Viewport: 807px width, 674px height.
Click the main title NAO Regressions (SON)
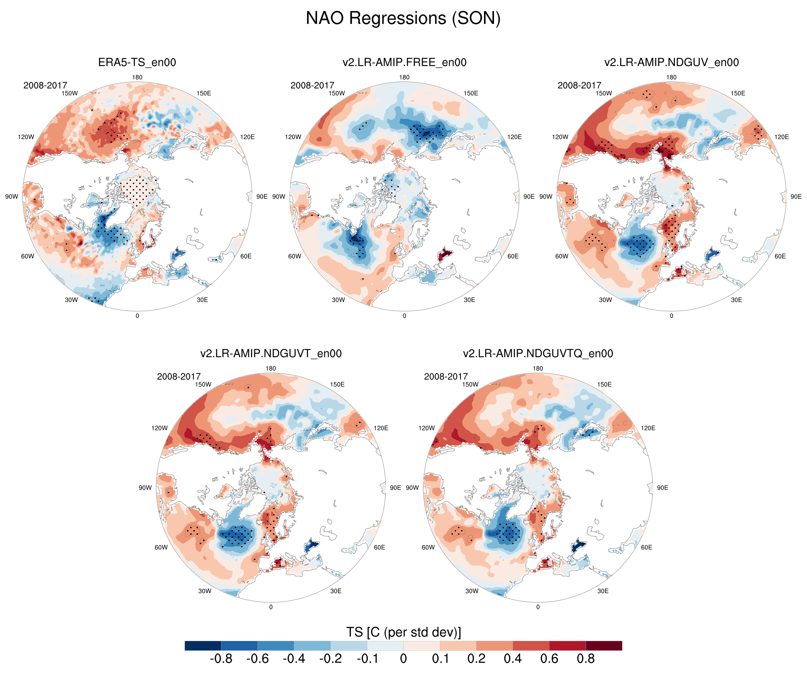coord(403,18)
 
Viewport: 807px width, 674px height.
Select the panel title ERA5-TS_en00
coord(137,62)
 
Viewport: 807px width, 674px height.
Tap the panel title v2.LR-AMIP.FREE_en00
coord(404,62)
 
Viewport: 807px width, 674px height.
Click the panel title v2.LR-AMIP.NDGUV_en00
coord(671,62)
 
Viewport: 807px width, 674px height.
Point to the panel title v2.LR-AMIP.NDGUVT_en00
coord(271,354)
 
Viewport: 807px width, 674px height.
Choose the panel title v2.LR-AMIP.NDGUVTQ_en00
coord(538,354)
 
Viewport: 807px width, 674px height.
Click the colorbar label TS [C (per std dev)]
coord(403,632)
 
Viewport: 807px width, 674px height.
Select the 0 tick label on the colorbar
coord(403,659)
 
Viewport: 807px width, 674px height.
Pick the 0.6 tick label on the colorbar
coord(549,659)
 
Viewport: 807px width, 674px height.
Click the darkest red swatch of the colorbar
coord(604,646)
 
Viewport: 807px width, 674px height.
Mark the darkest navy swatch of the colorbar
coord(203,646)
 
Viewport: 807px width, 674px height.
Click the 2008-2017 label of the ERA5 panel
coord(45,85)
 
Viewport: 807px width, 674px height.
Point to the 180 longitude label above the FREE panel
coord(404,77)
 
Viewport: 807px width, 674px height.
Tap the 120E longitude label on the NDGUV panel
coord(781,137)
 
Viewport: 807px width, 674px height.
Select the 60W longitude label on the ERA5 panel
coord(27,256)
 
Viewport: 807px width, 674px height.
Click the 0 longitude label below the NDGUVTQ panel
coord(538,607)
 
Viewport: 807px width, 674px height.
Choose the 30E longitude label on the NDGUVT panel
coord(335,591)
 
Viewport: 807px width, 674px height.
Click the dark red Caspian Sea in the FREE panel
coord(446,254)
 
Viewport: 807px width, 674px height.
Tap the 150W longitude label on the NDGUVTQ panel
coord(470,384)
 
